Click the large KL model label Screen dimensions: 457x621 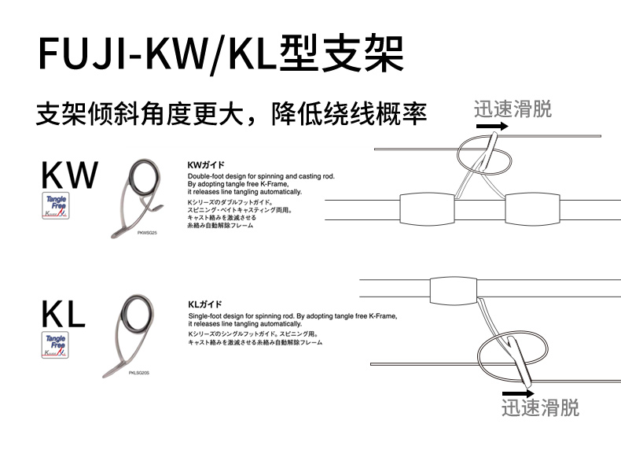point(63,314)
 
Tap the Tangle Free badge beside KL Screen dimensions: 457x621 point(56,345)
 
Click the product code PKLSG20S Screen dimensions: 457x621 point(139,372)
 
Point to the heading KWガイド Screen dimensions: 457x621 point(207,165)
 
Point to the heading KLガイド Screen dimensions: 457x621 point(205,304)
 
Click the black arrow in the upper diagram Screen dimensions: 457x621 point(491,125)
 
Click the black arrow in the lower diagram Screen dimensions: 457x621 point(518,392)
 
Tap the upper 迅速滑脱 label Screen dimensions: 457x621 point(513,109)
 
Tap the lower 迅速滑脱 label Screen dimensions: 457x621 point(540,408)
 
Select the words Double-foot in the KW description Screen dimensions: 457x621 point(207,176)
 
